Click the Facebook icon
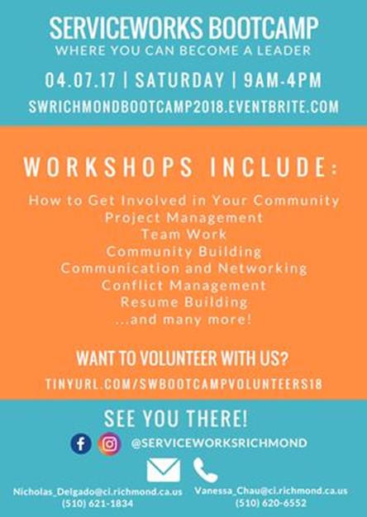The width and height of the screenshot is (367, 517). (x=81, y=443)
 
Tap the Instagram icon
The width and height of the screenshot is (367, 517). (x=110, y=443)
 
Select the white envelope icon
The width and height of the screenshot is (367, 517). (x=164, y=470)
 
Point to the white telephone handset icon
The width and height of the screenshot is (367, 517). (x=205, y=470)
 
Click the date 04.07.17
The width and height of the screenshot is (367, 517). (x=80, y=80)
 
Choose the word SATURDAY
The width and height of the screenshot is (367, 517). (x=179, y=80)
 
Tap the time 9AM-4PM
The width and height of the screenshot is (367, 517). (x=283, y=80)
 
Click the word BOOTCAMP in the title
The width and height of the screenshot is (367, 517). (x=264, y=28)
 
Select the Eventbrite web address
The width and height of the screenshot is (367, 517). (x=183, y=107)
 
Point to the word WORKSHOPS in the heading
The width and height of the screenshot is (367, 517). (x=108, y=167)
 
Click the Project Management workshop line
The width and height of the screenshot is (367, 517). (x=183, y=217)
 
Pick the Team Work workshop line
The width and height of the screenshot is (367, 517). (x=183, y=234)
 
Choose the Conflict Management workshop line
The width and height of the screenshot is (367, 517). (x=183, y=285)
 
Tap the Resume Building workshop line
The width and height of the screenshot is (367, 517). (x=183, y=302)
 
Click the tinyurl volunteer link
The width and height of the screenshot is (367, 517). (x=183, y=384)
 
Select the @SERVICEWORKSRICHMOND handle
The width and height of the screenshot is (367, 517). (x=219, y=443)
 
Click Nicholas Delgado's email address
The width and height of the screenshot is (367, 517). (x=98, y=492)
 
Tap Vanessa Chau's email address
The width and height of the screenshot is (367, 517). (x=271, y=491)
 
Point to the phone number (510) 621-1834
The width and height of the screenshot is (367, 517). (x=98, y=504)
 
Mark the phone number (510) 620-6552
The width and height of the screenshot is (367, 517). (x=271, y=503)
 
